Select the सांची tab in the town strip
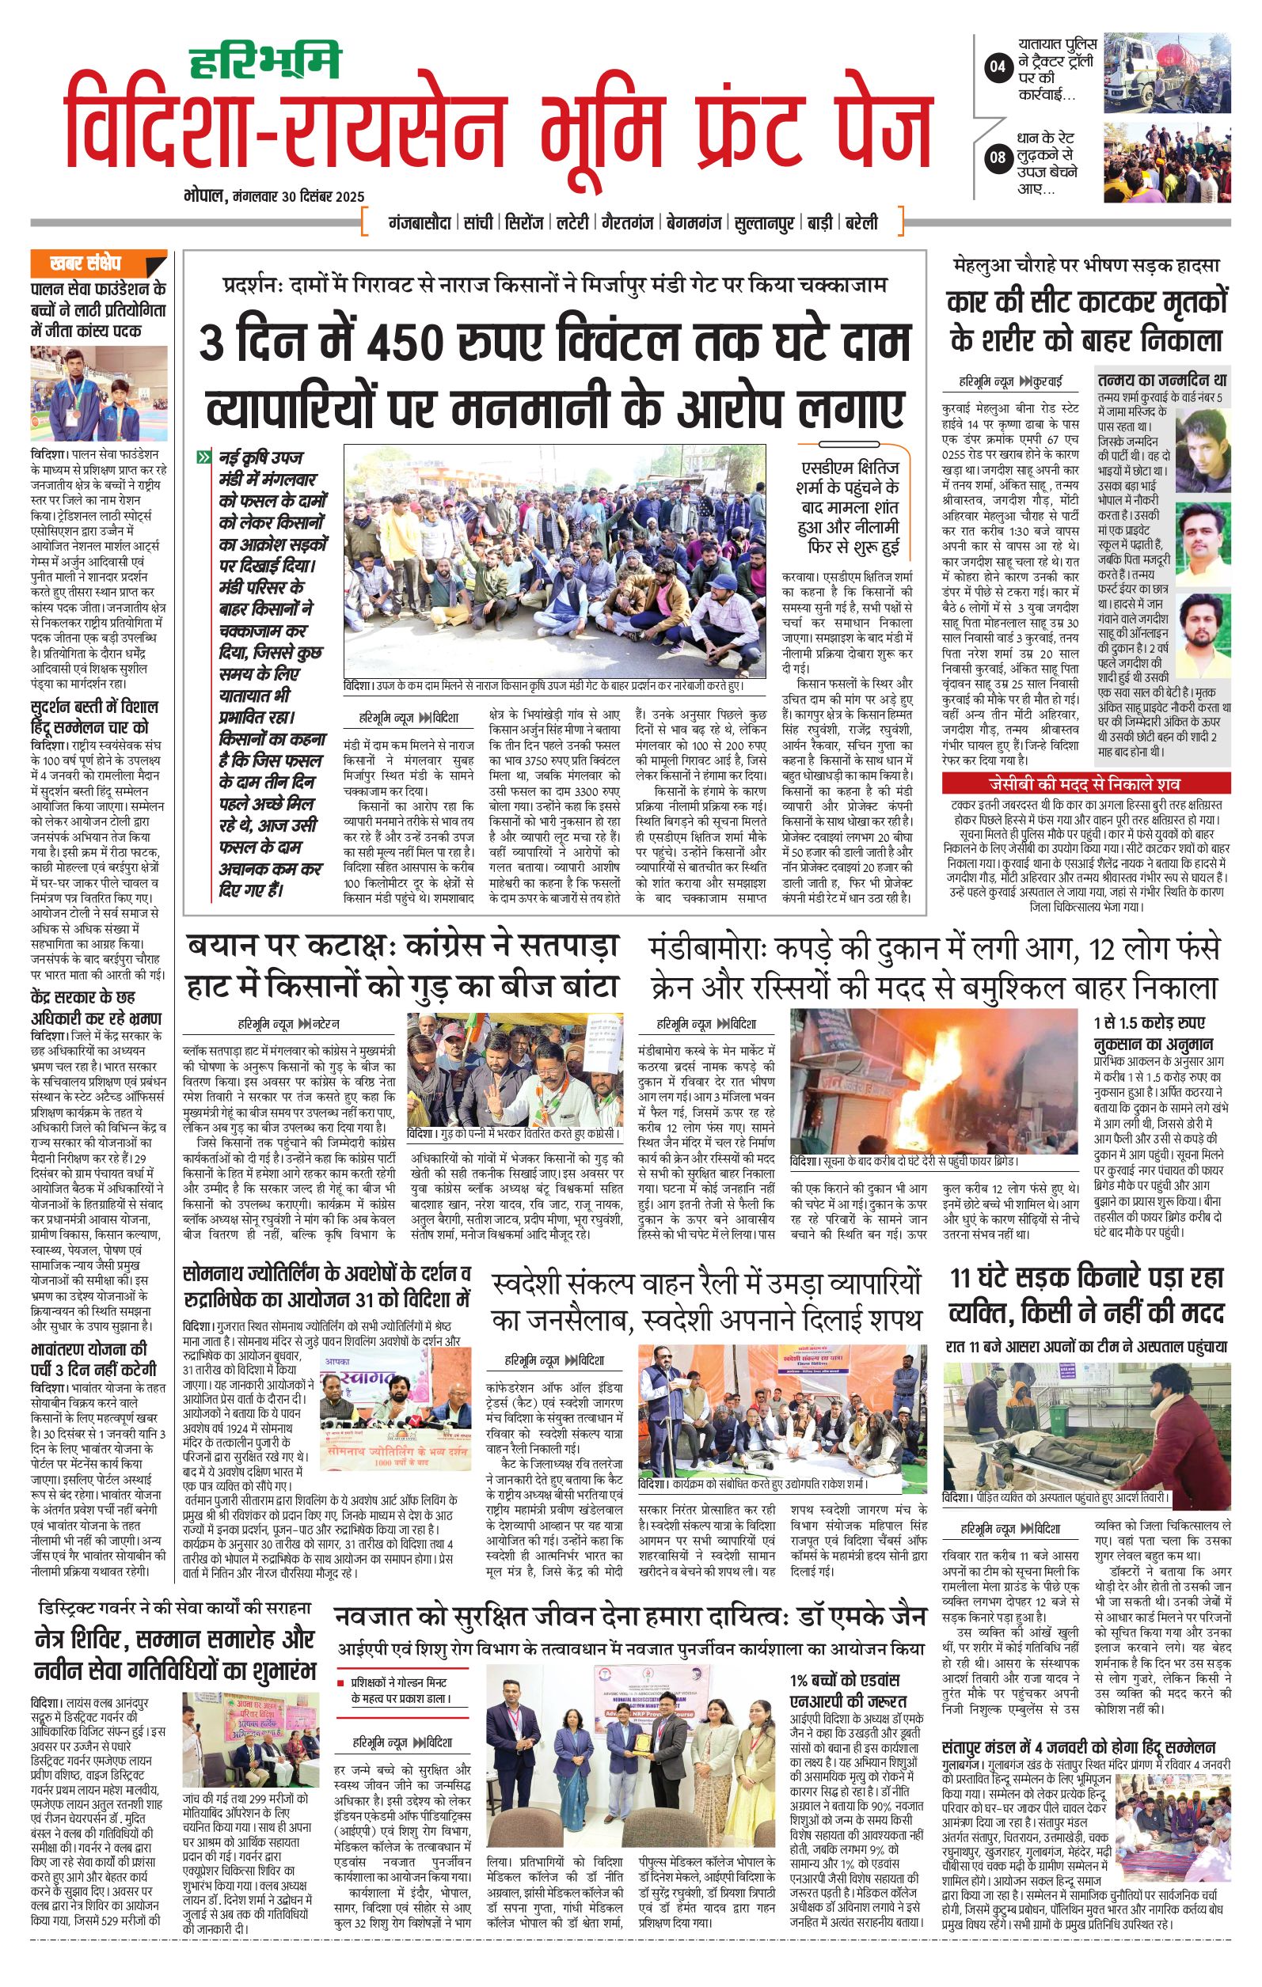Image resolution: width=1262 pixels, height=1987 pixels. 479,223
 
